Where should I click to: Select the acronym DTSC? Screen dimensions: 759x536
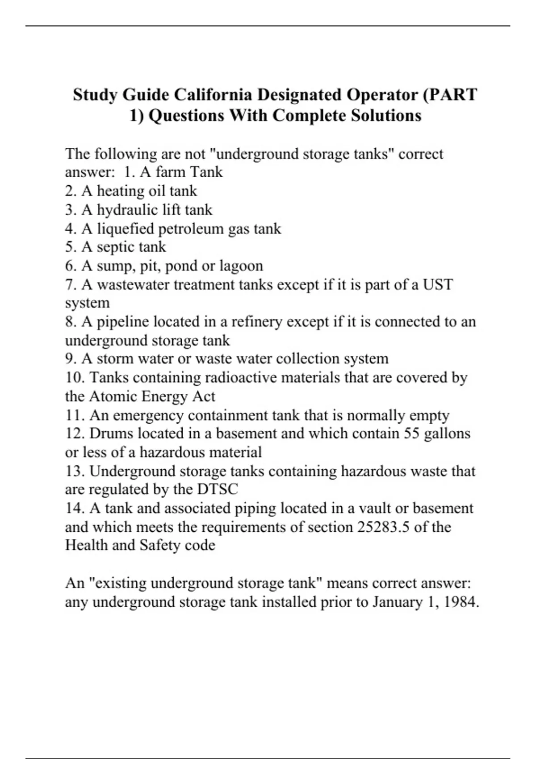point(218,489)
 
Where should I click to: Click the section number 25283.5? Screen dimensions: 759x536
point(384,527)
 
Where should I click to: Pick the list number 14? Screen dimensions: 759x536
point(74,508)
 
